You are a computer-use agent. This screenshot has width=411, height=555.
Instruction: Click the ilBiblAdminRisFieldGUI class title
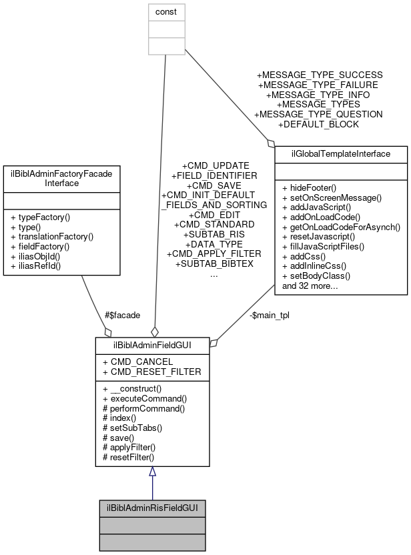pos(152,508)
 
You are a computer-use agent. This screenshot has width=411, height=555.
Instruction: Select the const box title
pos(166,12)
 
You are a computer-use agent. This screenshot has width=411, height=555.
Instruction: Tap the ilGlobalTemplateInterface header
pos(341,154)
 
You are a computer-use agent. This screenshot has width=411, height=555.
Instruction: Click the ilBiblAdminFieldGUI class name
pos(152,346)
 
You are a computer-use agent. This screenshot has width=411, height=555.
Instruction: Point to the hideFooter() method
pos(310,187)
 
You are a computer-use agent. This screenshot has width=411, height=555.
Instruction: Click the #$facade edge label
pos(122,315)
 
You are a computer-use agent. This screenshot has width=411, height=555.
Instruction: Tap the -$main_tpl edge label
pos(269,315)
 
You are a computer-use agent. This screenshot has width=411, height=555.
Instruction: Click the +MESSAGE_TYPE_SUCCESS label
pos(320,75)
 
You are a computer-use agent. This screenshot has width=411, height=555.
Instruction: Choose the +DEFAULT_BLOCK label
pos(318,124)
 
